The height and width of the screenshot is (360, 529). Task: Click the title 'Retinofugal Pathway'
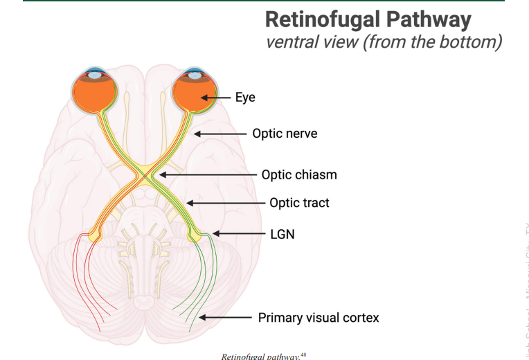tap(368, 19)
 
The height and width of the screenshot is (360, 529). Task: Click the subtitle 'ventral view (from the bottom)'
tap(384, 42)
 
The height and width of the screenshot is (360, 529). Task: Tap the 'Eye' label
tap(245, 98)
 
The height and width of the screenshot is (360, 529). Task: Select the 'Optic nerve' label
tap(285, 133)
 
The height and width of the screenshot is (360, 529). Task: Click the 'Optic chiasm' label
tap(299, 174)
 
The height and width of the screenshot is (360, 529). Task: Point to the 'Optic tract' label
tap(299, 203)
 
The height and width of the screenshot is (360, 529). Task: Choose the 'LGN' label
tap(282, 234)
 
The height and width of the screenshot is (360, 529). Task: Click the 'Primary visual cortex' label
tap(319, 318)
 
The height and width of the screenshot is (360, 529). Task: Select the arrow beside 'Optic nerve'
tap(220, 133)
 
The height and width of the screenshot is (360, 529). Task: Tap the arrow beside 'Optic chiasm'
tap(208, 174)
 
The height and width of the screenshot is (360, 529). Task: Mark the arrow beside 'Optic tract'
tap(226, 203)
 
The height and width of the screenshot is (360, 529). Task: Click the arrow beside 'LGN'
tap(239, 234)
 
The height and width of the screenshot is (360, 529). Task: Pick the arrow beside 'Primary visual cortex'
tap(224, 318)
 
